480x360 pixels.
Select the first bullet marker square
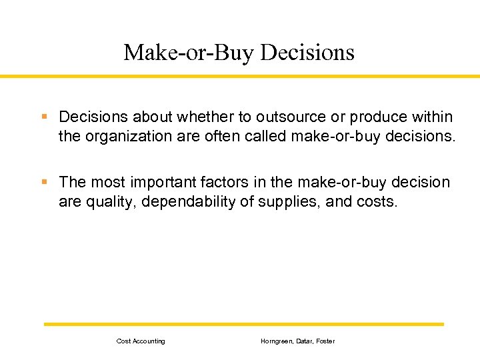(x=44, y=117)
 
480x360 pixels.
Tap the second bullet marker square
(x=44, y=182)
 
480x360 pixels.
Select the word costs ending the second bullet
(x=378, y=202)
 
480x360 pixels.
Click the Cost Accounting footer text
(x=141, y=341)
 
